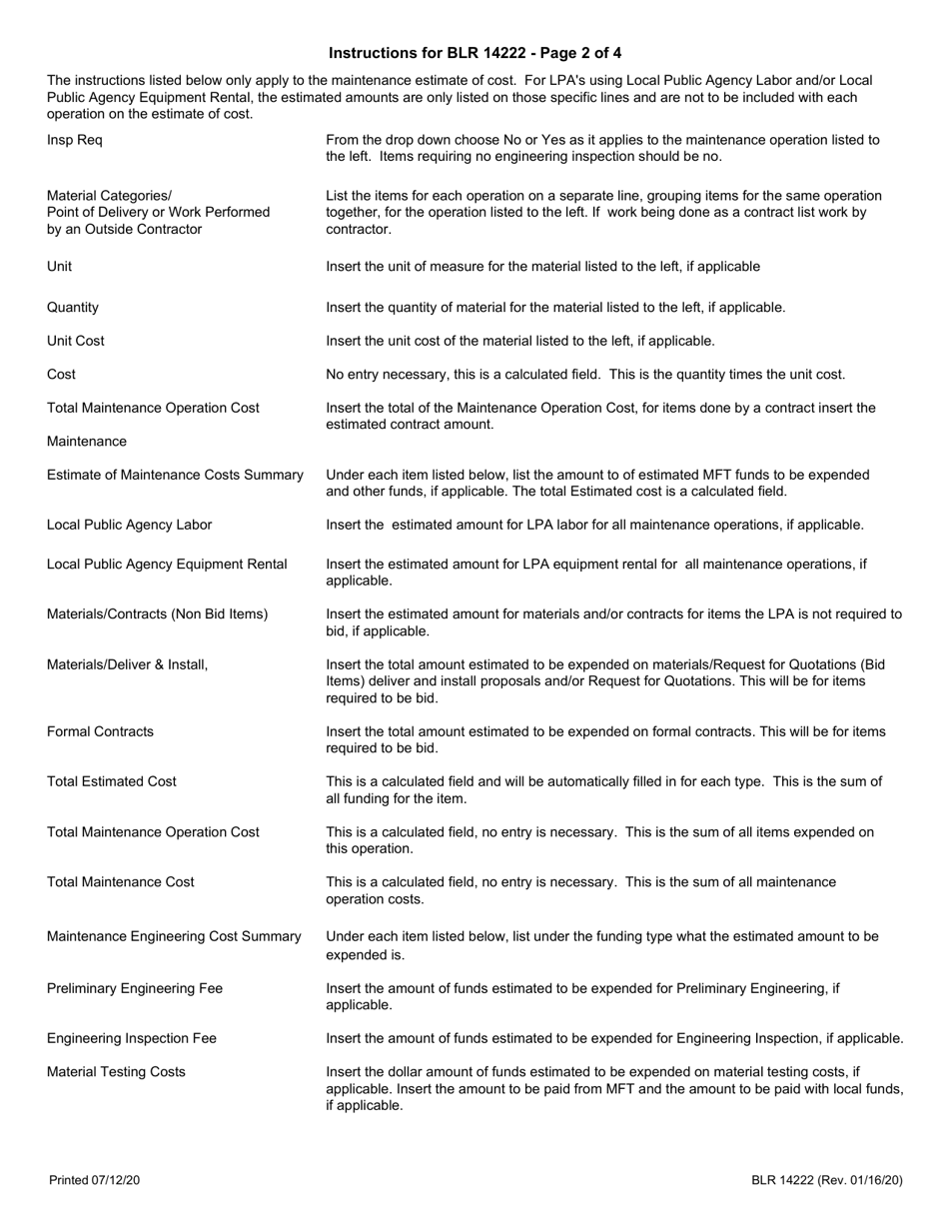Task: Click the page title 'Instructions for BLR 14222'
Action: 474,53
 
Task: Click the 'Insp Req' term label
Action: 74,140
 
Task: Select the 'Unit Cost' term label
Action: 76,341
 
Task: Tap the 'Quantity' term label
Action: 73,308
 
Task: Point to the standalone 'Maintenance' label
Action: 87,442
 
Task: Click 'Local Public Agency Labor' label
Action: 130,525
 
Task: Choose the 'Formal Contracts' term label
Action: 101,731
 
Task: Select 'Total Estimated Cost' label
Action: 112,781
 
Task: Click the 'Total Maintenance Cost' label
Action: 121,882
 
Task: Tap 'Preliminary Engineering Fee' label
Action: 135,988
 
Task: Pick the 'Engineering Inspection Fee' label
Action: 132,1038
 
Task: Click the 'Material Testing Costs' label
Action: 116,1071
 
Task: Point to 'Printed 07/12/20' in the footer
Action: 95,1181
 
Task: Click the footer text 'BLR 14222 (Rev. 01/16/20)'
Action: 827,1181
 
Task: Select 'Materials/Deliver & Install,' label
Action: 128,664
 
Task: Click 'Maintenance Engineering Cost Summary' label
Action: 174,936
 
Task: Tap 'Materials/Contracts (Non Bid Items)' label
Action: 158,614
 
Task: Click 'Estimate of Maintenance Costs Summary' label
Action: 175,475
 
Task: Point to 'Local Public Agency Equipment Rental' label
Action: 167,565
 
